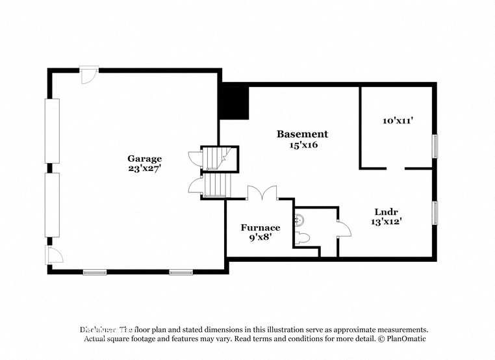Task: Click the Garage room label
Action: [144, 158]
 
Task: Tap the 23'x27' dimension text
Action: [144, 168]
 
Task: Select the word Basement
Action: [302, 134]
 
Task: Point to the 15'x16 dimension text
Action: [303, 145]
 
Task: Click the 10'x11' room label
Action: [398, 120]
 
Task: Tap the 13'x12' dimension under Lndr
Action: [387, 222]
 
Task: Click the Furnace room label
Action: [260, 227]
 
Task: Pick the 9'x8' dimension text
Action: [260, 238]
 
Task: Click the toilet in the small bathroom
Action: [301, 238]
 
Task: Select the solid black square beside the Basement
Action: [234, 102]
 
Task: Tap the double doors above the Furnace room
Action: [262, 192]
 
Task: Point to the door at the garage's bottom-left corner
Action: [51, 254]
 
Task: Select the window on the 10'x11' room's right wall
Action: [435, 146]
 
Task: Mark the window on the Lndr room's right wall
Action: [435, 212]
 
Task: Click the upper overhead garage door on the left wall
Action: [52, 131]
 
